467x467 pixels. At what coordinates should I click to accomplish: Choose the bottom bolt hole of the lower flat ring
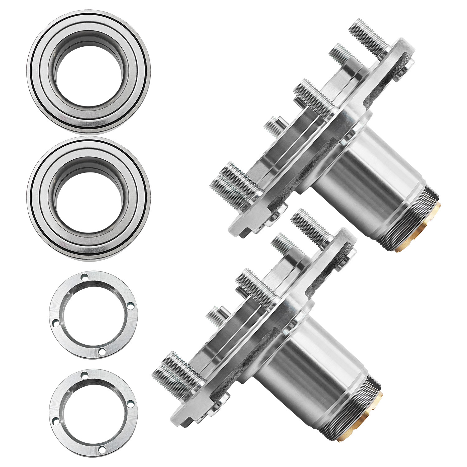(x=101, y=449)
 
